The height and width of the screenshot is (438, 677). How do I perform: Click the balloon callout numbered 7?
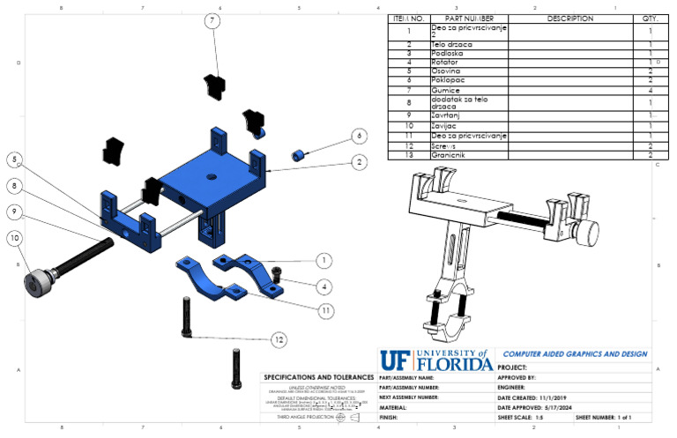[x=212, y=20]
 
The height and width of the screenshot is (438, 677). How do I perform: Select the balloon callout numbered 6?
[x=359, y=136]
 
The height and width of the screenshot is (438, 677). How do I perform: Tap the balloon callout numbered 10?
[x=15, y=237]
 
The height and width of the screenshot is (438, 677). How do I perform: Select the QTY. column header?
[x=650, y=18]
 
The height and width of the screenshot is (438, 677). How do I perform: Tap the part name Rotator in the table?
[x=446, y=63]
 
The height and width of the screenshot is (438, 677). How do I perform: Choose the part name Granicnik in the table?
[x=450, y=155]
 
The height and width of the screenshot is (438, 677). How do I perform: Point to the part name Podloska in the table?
[x=448, y=54]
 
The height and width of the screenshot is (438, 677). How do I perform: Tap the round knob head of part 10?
[x=35, y=283]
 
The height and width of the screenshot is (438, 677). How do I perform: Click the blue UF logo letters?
[x=393, y=360]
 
